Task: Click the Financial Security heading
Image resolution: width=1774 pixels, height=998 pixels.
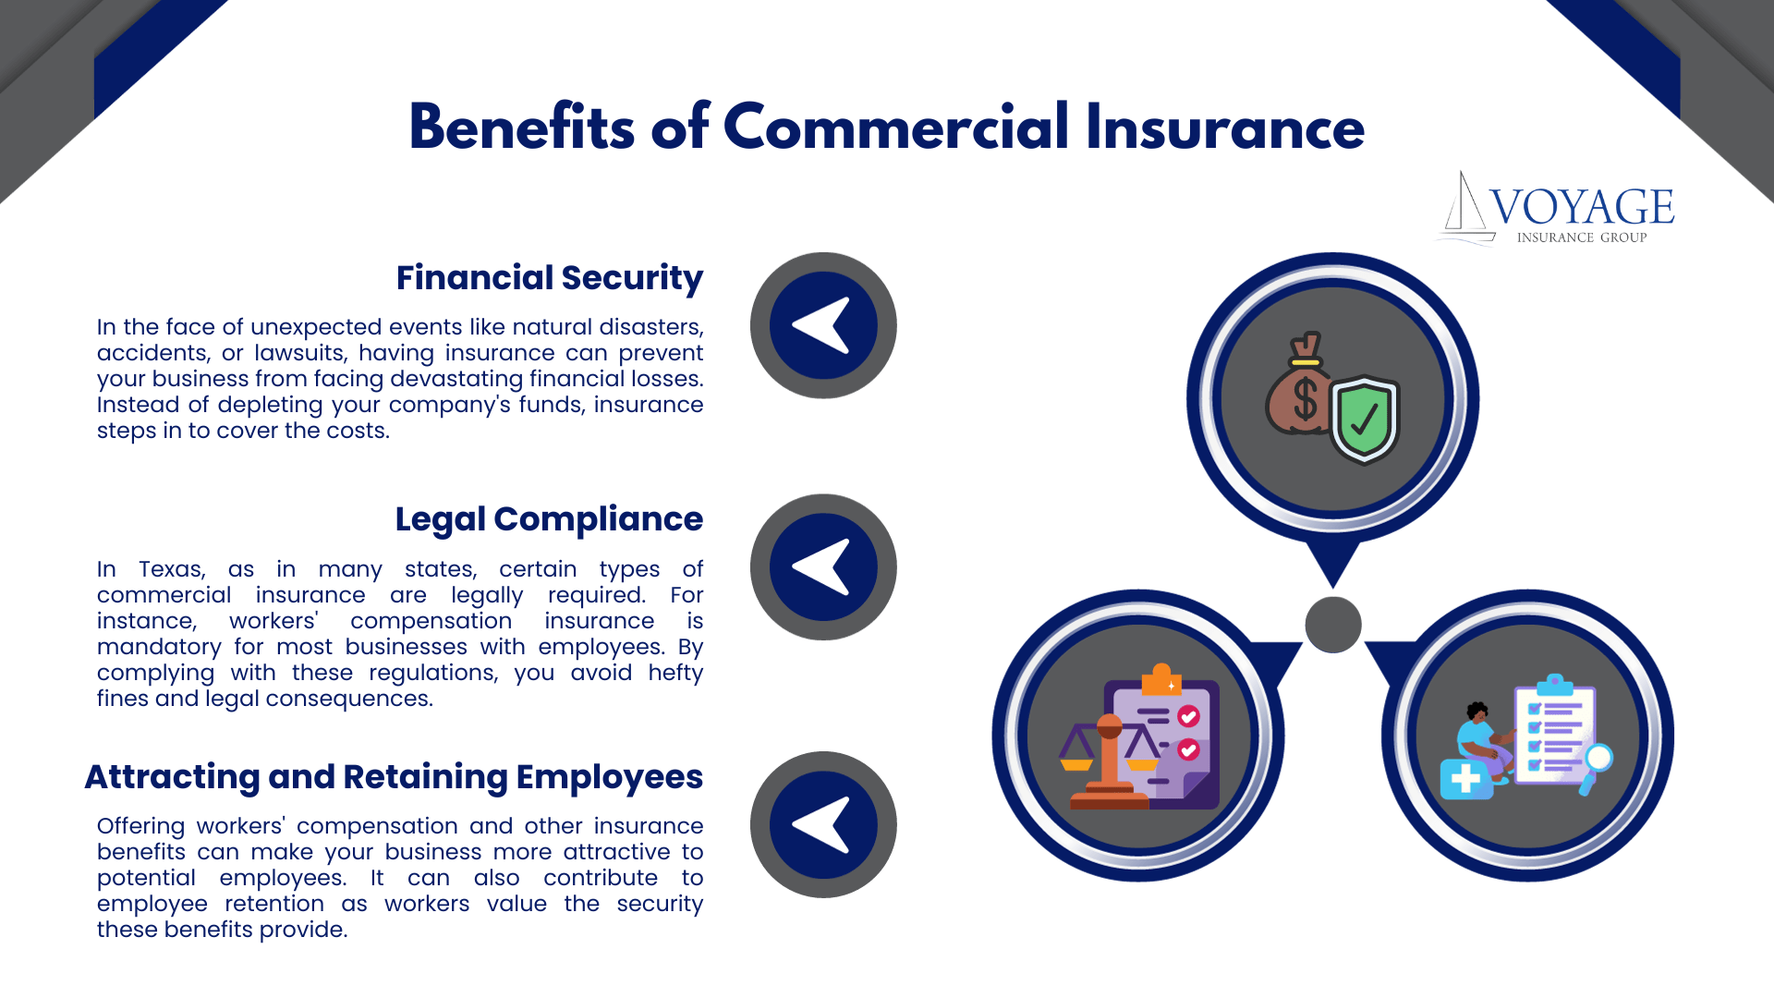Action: tap(549, 278)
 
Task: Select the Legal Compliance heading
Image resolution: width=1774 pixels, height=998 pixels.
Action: tap(549, 519)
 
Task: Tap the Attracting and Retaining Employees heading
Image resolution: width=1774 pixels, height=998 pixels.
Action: tap(394, 777)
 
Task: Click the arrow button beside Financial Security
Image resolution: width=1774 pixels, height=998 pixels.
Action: tap(822, 325)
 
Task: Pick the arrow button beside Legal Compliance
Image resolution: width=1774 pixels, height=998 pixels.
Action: tap(822, 566)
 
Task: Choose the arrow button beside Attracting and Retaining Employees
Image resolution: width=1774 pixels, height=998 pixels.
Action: tap(822, 824)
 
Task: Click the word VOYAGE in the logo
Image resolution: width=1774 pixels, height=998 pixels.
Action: tap(1582, 207)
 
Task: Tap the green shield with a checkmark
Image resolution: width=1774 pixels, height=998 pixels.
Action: tap(1365, 419)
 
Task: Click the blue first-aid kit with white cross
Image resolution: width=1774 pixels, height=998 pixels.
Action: tap(1465, 779)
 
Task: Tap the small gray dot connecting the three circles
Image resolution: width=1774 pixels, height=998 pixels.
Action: tap(1332, 625)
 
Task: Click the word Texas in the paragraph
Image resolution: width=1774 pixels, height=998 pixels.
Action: tap(172, 569)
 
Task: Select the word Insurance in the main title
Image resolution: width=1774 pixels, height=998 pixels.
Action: tap(1224, 128)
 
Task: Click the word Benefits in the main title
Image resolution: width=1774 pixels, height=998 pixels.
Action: tap(522, 128)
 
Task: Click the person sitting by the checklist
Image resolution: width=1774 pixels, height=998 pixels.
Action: tap(1481, 739)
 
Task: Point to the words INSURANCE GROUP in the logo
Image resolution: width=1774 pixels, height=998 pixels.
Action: tap(1582, 237)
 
